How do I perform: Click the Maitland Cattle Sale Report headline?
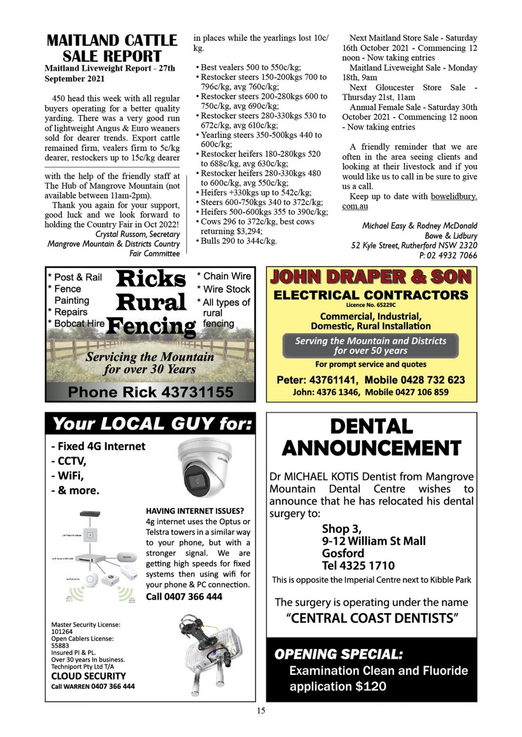point(112,48)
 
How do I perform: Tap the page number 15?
point(261,711)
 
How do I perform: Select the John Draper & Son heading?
point(371,277)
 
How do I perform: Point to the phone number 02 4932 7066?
point(452,256)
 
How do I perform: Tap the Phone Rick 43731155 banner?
point(150,392)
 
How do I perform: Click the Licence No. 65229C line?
point(371,305)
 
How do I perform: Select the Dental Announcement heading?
point(371,437)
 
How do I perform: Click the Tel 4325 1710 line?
point(358,565)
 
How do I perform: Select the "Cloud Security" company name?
point(88,676)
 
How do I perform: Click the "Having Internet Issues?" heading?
point(195,511)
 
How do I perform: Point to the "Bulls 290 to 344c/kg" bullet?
point(238,241)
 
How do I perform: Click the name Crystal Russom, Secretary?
point(137,234)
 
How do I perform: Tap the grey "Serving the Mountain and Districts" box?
point(371,345)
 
